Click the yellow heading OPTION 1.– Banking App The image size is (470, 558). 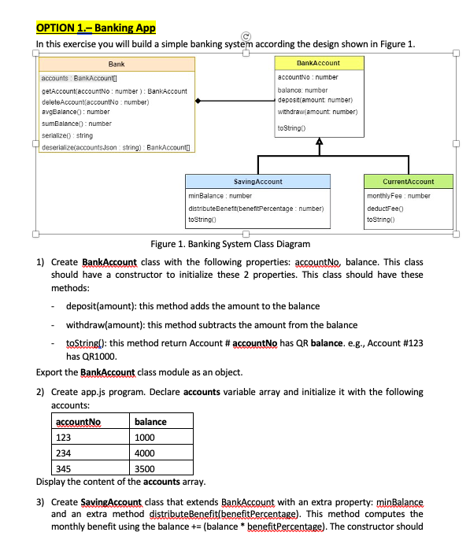96,28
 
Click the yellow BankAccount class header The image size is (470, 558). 319,62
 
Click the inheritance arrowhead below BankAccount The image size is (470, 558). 319,143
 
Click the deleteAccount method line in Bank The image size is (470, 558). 87,102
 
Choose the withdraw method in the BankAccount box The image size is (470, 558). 319,113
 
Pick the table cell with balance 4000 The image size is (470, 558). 145,453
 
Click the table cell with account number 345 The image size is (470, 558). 62,468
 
